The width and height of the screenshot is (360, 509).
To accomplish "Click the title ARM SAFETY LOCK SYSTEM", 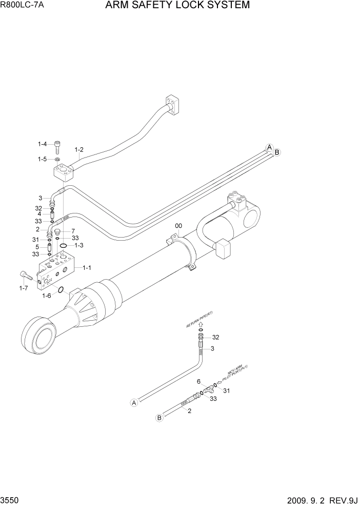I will (x=177, y=6).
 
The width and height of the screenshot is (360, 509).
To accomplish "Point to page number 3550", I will (x=11, y=499).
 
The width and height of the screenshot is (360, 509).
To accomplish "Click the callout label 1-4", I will (x=42, y=144).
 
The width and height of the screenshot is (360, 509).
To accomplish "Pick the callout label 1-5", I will (x=42, y=160).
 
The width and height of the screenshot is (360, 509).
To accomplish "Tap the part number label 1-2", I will (x=79, y=150).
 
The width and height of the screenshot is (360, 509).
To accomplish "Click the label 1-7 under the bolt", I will (x=23, y=289).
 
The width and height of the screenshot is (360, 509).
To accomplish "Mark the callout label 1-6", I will (x=46, y=296).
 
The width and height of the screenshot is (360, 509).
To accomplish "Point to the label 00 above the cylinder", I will (x=178, y=225).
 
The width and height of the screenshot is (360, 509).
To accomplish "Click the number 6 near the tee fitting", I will (x=198, y=382).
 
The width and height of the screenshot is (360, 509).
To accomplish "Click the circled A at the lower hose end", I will (x=134, y=403).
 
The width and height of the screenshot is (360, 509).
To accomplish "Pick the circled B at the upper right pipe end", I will (x=277, y=152).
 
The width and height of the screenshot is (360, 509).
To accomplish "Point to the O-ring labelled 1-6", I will (x=61, y=290).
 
